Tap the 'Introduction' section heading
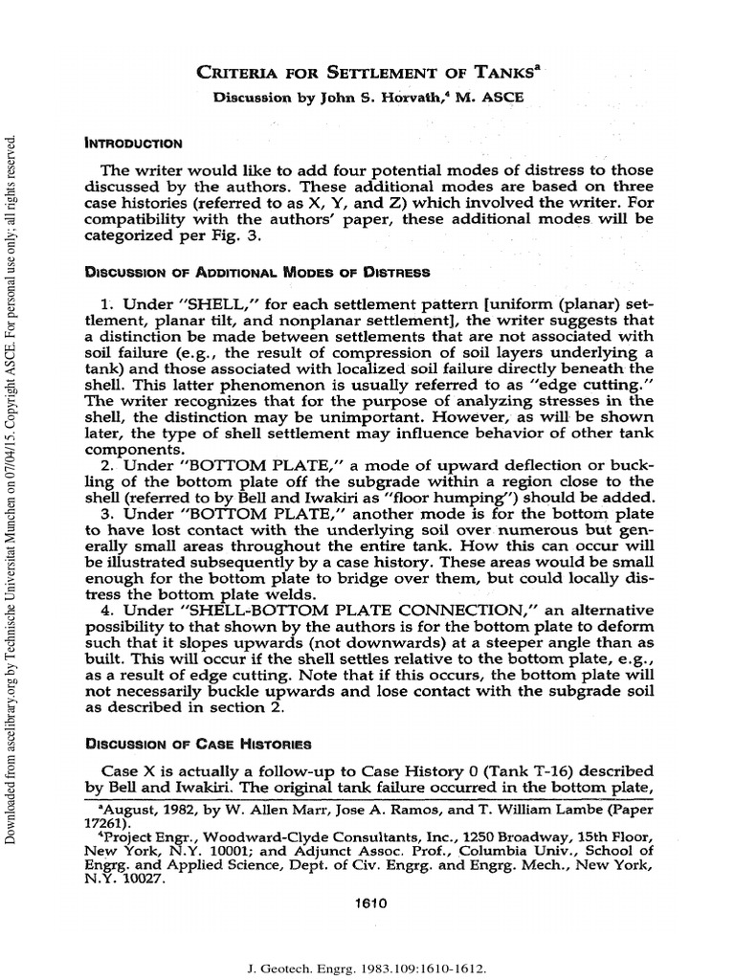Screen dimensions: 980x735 coord(134,144)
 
